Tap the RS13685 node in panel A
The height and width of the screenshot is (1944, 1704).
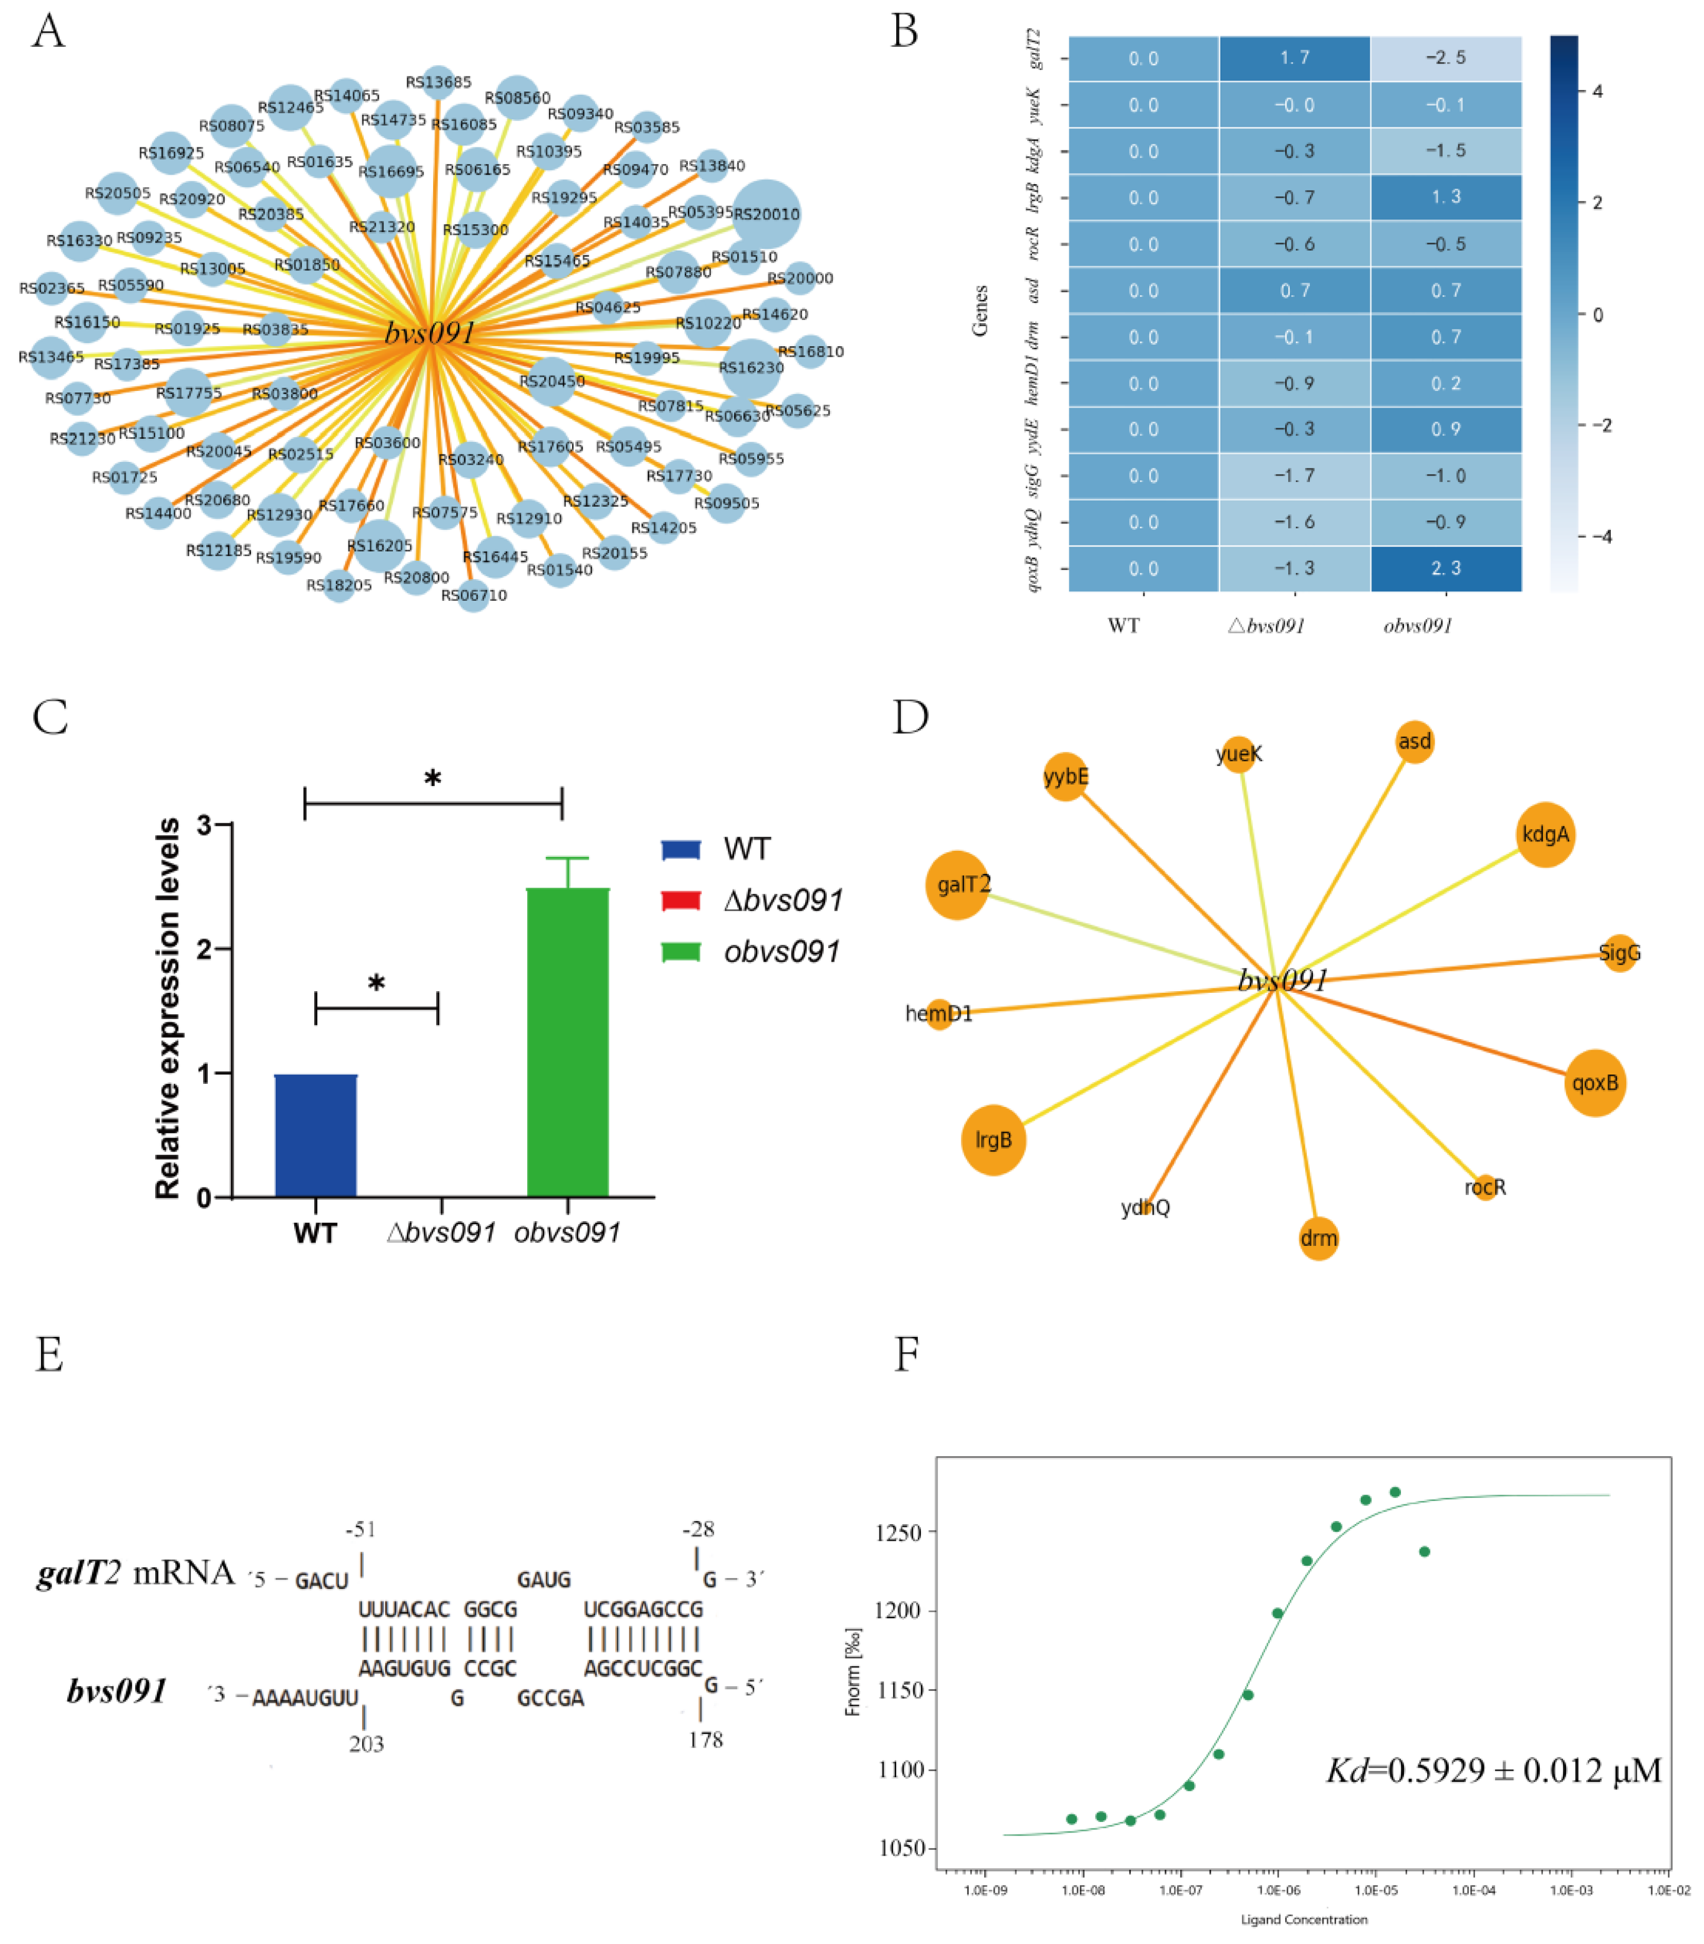(x=438, y=82)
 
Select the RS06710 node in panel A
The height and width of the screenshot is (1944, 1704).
(x=474, y=595)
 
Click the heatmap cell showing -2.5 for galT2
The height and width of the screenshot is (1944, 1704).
(x=1446, y=58)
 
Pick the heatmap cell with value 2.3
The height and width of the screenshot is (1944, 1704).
(x=1446, y=568)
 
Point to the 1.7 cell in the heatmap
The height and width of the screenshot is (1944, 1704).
(x=1294, y=58)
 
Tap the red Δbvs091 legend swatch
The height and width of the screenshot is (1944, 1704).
(x=681, y=899)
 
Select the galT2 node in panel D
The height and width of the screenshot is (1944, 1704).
(x=958, y=885)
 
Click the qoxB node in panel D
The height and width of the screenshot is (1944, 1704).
(x=1595, y=1083)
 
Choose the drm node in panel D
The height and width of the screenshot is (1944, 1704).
(x=1318, y=1238)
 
